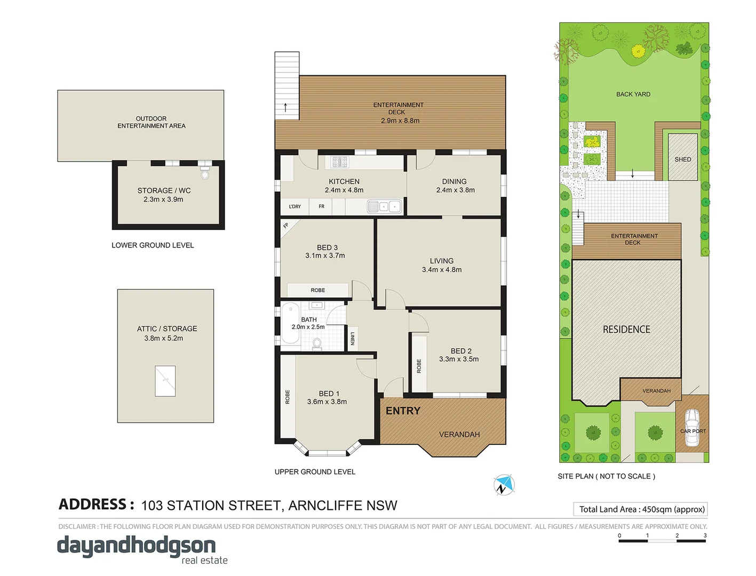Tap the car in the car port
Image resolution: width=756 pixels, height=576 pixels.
pos(692,427)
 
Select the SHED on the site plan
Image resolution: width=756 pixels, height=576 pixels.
pos(682,159)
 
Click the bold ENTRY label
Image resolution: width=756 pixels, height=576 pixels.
pos(403,411)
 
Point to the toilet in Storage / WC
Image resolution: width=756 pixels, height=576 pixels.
pos(205,173)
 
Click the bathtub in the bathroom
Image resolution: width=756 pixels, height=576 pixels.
pos(291,323)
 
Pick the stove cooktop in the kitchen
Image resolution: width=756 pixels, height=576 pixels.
pos(339,162)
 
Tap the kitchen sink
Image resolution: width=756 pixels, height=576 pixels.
pos(384,206)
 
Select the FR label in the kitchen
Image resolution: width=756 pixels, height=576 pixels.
pos(321,206)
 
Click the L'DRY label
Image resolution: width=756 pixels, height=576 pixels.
pos(295,206)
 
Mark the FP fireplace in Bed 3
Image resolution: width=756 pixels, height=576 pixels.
pos(286,226)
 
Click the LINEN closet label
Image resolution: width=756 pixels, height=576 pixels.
pos(353,339)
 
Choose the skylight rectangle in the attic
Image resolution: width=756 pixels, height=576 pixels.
pos(165,381)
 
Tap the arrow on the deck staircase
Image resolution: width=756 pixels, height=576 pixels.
pos(285,107)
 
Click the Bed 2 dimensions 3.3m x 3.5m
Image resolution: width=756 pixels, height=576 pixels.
pos(459,359)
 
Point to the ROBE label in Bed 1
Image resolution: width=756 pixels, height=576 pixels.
pos(288,397)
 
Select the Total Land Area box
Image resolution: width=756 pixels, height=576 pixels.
pos(641,509)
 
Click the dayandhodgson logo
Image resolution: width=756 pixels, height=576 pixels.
pos(137,547)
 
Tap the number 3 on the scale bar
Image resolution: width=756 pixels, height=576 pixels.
pos(705,535)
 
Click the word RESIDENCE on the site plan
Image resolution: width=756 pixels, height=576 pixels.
pos(626,330)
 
